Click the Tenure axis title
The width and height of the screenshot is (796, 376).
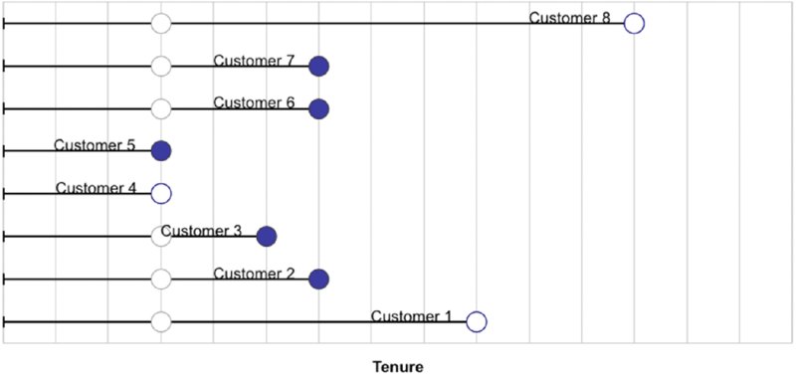398,366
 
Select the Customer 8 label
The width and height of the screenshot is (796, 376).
569,17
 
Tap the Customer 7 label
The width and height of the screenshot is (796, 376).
254,60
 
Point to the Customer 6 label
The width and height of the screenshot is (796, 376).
254,102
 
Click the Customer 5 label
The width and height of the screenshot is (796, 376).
95,145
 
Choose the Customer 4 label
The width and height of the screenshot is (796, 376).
96,187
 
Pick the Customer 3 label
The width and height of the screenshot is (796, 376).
201,231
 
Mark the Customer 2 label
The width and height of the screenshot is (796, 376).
254,273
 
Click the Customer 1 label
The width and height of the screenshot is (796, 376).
411,316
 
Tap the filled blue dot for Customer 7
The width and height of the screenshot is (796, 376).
318,67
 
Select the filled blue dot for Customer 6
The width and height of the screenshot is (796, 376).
318,108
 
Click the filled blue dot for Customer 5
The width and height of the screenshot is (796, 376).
161,151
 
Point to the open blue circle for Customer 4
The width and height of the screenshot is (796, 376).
161,193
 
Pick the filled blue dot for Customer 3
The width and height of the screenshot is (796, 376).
266,236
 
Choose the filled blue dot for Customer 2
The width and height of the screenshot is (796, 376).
318,279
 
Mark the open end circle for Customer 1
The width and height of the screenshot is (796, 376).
477,321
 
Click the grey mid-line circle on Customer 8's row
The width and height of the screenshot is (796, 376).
161,23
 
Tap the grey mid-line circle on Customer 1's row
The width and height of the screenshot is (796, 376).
161,321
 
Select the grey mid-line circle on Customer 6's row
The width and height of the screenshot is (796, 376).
161,108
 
